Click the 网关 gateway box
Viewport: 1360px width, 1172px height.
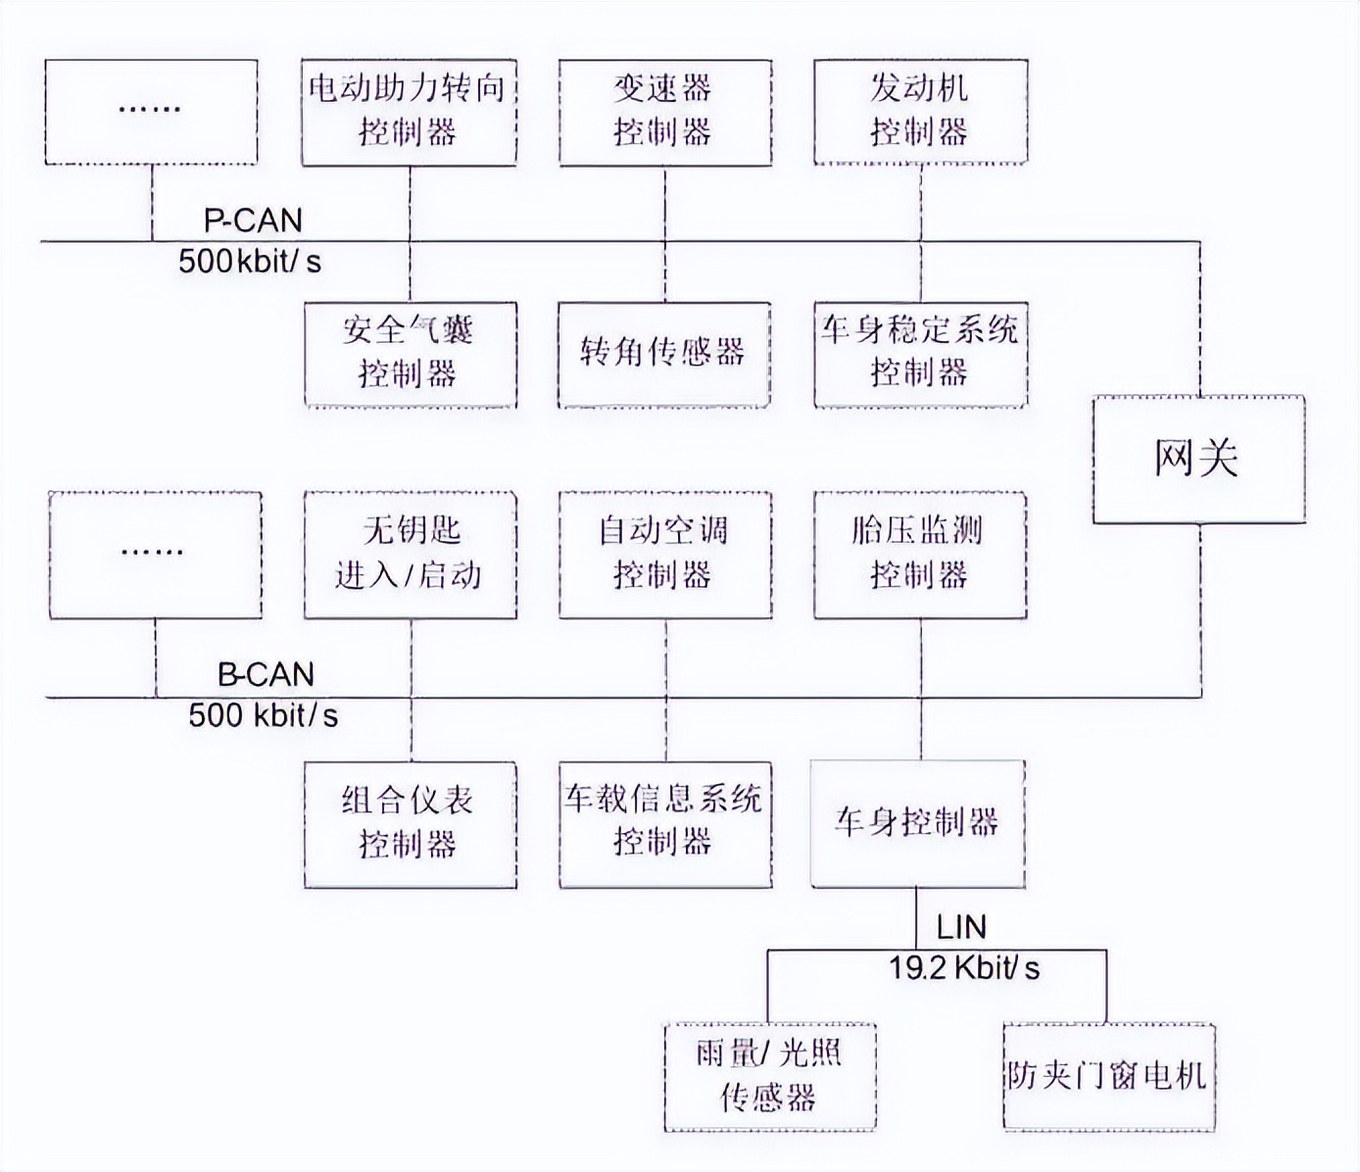coord(1198,459)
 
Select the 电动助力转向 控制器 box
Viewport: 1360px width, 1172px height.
coord(409,112)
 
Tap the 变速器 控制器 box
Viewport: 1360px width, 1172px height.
coord(664,112)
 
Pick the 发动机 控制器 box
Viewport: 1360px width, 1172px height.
coord(920,112)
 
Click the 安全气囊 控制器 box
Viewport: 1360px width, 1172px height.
coord(410,354)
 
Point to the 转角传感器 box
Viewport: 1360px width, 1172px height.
coord(663,354)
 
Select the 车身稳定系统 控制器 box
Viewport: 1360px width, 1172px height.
coord(920,354)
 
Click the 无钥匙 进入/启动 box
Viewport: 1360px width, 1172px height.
coord(410,555)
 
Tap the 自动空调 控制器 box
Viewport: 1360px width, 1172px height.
coord(664,555)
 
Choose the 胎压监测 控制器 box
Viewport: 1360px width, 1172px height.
coord(920,555)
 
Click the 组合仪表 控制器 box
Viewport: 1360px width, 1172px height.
coord(410,824)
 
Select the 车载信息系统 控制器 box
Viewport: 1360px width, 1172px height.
coord(664,824)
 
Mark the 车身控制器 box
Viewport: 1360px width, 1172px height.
coord(917,823)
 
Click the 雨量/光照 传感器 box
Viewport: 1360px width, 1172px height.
coord(769,1077)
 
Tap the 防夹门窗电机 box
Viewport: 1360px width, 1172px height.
coord(1108,1077)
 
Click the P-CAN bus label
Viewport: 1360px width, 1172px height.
coord(253,220)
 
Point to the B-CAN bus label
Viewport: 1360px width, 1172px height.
coord(266,674)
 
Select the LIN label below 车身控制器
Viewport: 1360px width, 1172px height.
coord(961,927)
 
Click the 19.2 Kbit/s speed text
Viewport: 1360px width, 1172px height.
coord(964,968)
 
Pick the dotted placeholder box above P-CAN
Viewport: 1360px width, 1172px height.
coord(151,112)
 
